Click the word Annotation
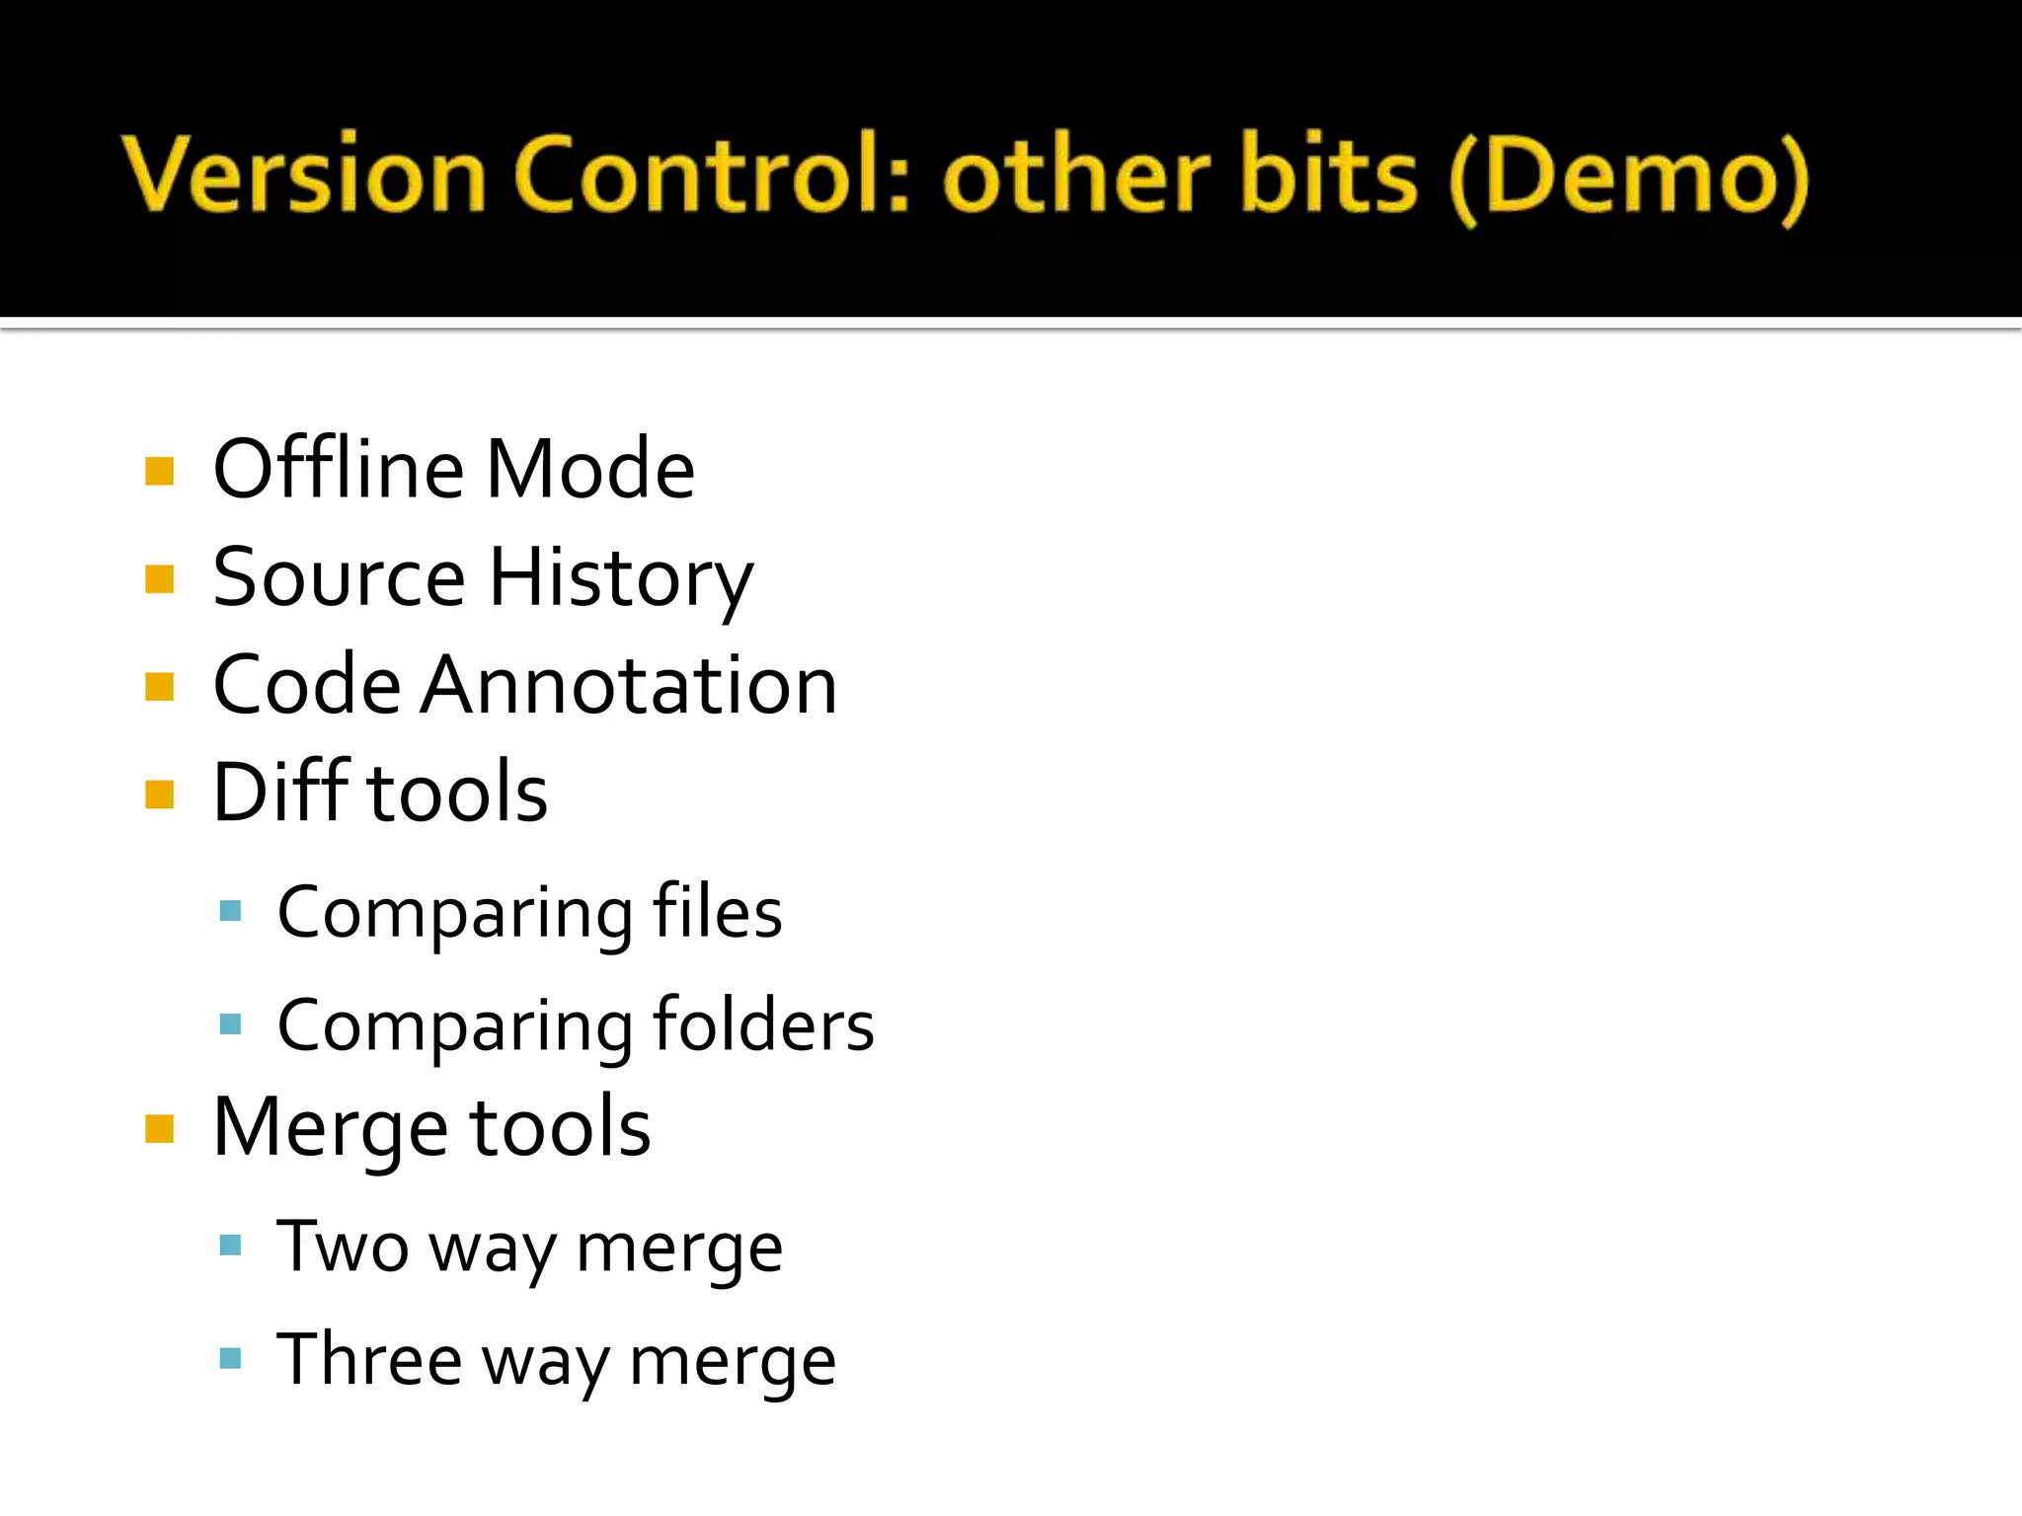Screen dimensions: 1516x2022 (629, 685)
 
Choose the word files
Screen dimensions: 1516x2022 (718, 912)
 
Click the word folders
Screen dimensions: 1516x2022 (763, 1024)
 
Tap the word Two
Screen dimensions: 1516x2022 (342, 1247)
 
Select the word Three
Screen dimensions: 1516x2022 (368, 1359)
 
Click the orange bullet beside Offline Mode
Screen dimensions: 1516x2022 (159, 471)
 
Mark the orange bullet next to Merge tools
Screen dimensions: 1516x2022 (159, 1128)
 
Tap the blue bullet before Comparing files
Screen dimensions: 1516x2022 (231, 911)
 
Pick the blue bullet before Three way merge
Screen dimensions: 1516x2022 (231, 1359)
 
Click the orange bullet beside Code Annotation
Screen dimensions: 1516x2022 (159, 686)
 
